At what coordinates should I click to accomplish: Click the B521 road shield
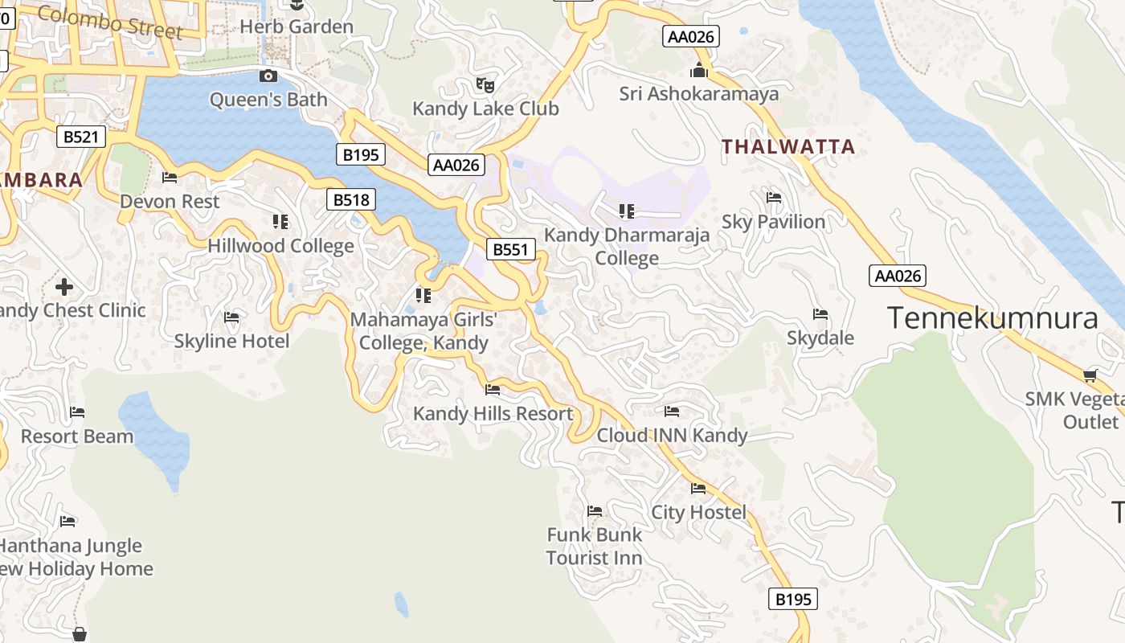[81, 137]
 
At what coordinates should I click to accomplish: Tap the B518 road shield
[351, 199]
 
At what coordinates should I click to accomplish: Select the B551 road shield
[510, 249]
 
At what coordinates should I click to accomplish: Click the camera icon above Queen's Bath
[268, 76]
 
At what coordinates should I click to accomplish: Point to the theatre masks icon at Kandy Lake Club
[485, 84]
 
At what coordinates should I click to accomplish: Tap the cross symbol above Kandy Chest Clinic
[64, 286]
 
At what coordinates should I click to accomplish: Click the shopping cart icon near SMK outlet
[1090, 375]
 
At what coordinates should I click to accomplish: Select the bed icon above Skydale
[820, 314]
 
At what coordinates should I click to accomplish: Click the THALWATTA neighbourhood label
[787, 146]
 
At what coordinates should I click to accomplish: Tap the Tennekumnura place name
[992, 318]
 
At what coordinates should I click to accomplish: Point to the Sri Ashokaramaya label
[698, 94]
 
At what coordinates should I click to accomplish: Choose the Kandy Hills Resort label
[493, 414]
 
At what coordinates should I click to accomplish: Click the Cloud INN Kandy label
[672, 436]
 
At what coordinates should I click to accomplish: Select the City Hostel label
[698, 512]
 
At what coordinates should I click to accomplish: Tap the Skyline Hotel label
[231, 342]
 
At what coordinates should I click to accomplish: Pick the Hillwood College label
[280, 246]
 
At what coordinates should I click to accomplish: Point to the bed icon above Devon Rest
[170, 178]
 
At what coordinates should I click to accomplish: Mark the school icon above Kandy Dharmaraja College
[627, 211]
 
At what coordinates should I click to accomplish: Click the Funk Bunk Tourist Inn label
[595, 547]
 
